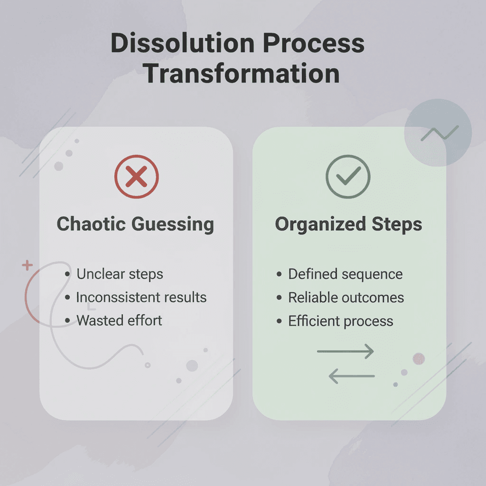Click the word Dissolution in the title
(x=182, y=44)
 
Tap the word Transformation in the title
(x=242, y=74)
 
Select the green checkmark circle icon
(x=348, y=177)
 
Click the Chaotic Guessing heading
(x=135, y=224)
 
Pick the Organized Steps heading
(x=348, y=224)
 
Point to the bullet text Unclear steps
(x=120, y=274)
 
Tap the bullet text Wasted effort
(x=119, y=320)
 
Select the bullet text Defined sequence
(x=345, y=274)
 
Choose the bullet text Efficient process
(x=341, y=321)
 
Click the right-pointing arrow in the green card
(x=346, y=352)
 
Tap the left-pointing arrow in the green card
(x=352, y=377)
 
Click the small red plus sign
(x=27, y=265)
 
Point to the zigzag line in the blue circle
(x=439, y=133)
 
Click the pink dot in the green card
(x=419, y=359)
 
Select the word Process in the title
(x=314, y=44)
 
